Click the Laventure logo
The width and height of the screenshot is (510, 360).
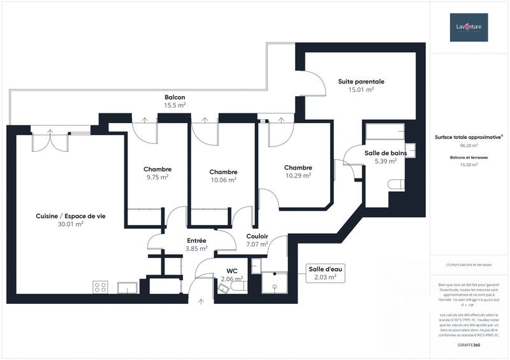click(469, 27)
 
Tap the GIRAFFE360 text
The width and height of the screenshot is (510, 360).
click(469, 345)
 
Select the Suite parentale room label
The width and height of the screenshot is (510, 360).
click(361, 82)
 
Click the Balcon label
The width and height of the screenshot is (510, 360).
click(175, 97)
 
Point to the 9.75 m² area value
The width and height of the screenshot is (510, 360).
click(157, 177)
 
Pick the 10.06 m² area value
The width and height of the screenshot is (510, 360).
click(223, 180)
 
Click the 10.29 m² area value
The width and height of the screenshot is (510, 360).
click(298, 175)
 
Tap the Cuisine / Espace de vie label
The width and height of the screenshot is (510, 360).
click(71, 216)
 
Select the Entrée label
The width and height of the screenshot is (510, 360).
click(196, 240)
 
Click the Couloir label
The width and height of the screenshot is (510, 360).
click(257, 236)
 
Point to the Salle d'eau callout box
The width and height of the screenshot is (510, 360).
click(325, 273)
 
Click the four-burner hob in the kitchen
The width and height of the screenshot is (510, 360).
click(100, 287)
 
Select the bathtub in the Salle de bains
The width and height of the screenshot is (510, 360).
click(388, 133)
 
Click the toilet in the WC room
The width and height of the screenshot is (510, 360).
click(224, 287)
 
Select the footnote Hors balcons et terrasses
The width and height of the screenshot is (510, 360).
click(469, 264)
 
